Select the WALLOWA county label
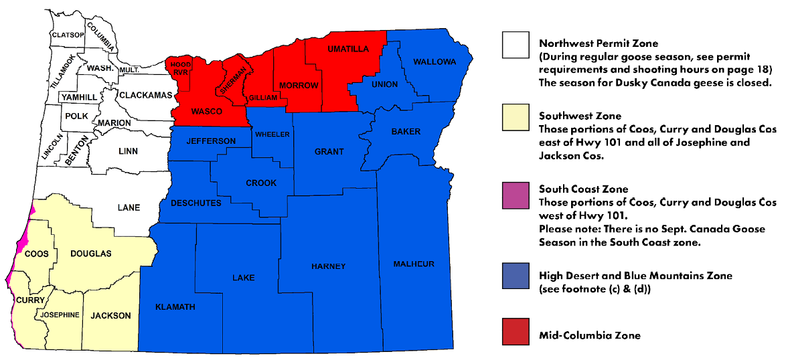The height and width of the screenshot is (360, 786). click(435, 62)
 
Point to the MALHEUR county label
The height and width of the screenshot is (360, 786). click(414, 264)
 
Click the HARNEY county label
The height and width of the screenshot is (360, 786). click(329, 266)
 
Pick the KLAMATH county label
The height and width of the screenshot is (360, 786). click(175, 306)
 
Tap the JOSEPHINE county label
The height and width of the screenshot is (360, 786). click(60, 314)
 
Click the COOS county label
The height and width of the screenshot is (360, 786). click(36, 254)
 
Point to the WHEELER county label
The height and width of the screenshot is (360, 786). click(271, 134)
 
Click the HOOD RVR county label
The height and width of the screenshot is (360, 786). click(179, 68)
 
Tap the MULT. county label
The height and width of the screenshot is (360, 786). click(129, 70)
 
